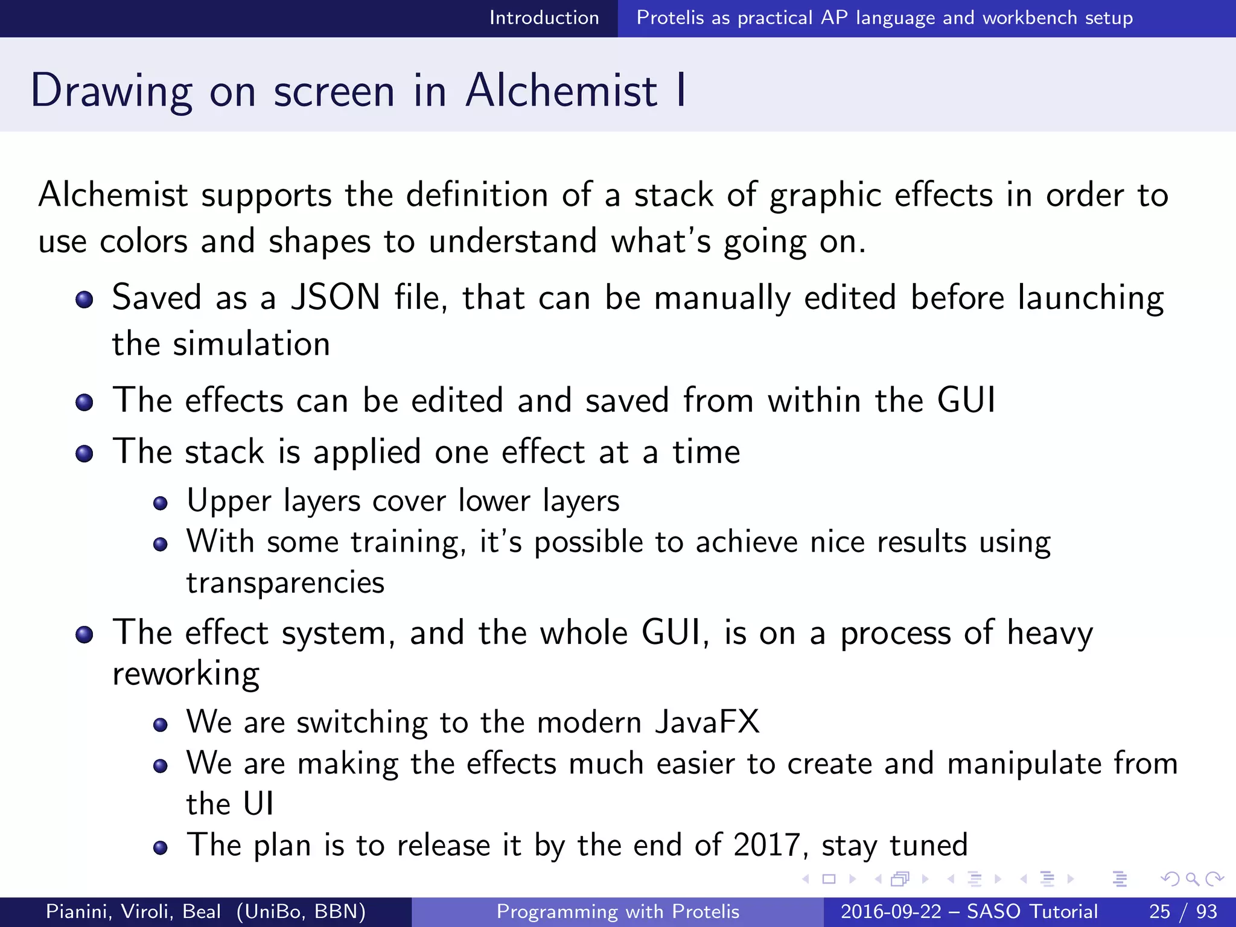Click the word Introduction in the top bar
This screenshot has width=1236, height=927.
tap(544, 18)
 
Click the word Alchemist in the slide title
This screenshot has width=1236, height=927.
tap(561, 91)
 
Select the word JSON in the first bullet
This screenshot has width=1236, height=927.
tap(336, 298)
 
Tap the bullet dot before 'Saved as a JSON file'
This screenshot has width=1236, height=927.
tap(84, 300)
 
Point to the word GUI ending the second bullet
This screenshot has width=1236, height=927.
tap(966, 400)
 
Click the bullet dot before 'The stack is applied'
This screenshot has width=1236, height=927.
tap(84, 454)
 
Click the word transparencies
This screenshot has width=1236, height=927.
tap(285, 583)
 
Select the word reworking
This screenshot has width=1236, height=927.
tap(186, 674)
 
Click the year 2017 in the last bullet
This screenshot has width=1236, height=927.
tap(766, 845)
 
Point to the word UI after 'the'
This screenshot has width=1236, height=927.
tap(258, 804)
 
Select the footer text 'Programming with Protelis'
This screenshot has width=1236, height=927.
tap(617, 911)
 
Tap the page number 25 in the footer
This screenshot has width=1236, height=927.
tap(1159, 911)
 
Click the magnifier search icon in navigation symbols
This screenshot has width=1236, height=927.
tap(1192, 879)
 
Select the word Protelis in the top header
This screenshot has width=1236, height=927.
tap(670, 18)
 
